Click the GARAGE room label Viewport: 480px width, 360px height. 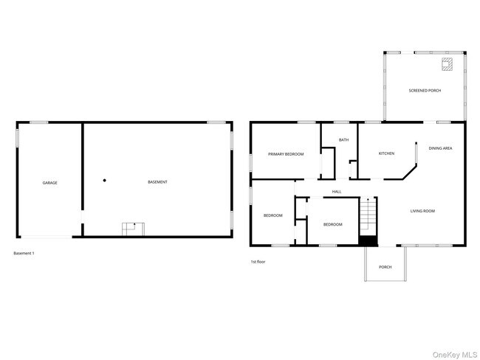(49, 182)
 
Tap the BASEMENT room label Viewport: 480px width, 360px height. (157, 182)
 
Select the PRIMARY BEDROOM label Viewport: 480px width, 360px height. (286, 153)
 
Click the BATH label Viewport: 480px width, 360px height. (343, 139)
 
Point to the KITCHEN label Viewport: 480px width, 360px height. (386, 153)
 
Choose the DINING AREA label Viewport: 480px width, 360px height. (442, 148)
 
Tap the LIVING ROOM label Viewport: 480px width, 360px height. (422, 211)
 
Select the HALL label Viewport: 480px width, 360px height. (336, 192)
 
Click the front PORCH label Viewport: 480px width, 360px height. (385, 267)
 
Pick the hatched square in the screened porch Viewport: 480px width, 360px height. (446, 64)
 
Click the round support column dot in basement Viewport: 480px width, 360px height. (105, 180)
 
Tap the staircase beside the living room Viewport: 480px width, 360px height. (368, 215)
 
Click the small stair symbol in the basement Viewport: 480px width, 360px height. (133, 228)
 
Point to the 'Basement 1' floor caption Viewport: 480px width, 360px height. (24, 253)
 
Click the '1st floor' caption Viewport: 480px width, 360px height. (258, 261)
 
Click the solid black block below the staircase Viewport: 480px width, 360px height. (367, 239)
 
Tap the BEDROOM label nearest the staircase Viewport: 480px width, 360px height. (332, 224)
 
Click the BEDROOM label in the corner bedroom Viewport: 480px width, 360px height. (272, 215)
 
